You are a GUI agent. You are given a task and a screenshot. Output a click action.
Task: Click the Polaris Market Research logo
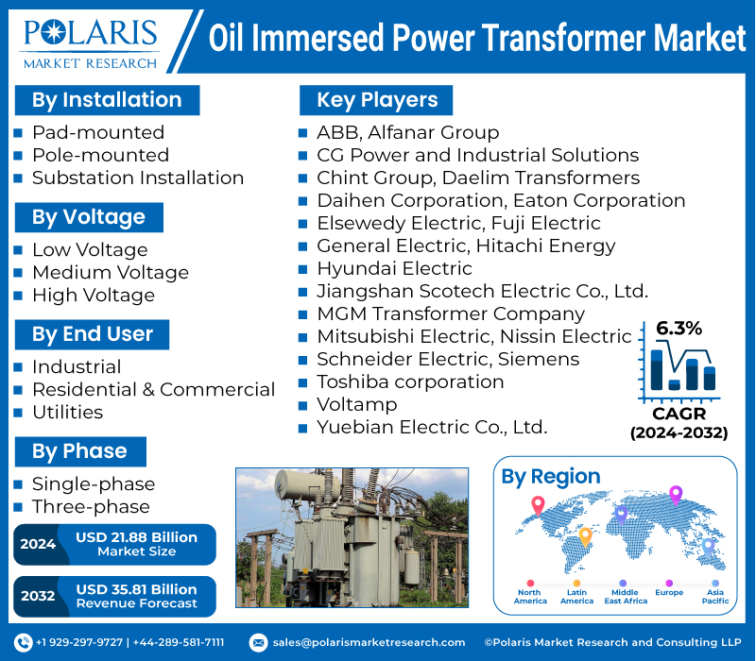(x=91, y=41)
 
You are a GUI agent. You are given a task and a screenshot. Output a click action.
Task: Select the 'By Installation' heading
(x=106, y=100)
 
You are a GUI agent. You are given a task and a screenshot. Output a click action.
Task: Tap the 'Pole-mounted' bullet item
(x=100, y=155)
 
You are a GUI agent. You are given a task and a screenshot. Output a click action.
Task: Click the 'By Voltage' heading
(x=88, y=217)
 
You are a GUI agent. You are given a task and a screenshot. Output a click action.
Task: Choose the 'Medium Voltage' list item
(x=110, y=272)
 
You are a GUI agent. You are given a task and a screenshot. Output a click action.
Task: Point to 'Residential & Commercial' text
(x=153, y=389)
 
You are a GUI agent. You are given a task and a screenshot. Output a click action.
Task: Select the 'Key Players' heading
(x=376, y=100)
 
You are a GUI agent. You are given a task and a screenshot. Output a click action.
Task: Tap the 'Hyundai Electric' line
(x=394, y=268)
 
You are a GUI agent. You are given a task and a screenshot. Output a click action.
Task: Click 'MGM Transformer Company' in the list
(x=450, y=314)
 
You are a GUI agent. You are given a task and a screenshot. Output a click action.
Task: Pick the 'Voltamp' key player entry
(x=356, y=404)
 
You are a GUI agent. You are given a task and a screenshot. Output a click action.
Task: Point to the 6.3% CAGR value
(x=679, y=329)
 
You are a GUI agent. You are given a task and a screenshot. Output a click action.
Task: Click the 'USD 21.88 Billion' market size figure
(x=136, y=537)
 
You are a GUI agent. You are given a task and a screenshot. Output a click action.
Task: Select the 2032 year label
(x=38, y=596)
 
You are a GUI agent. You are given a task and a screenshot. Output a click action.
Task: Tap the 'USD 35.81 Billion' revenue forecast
(x=136, y=589)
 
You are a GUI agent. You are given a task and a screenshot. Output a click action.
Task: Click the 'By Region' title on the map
(x=550, y=477)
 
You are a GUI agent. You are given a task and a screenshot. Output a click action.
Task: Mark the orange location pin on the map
(x=585, y=536)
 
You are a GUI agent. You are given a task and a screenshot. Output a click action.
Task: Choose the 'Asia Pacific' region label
(x=714, y=597)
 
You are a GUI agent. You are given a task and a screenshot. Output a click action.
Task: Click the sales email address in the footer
(x=369, y=642)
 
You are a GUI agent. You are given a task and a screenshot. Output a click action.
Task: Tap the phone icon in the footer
(x=24, y=642)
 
